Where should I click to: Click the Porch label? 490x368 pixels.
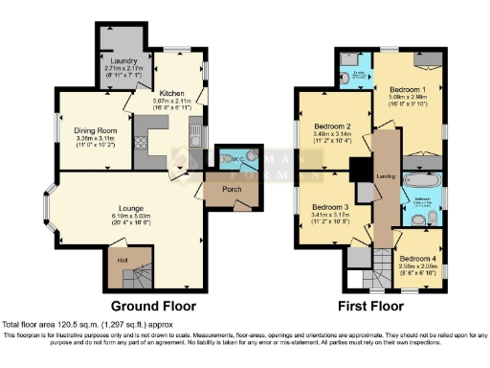(x=217, y=189)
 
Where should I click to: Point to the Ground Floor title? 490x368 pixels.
(x=154, y=307)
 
